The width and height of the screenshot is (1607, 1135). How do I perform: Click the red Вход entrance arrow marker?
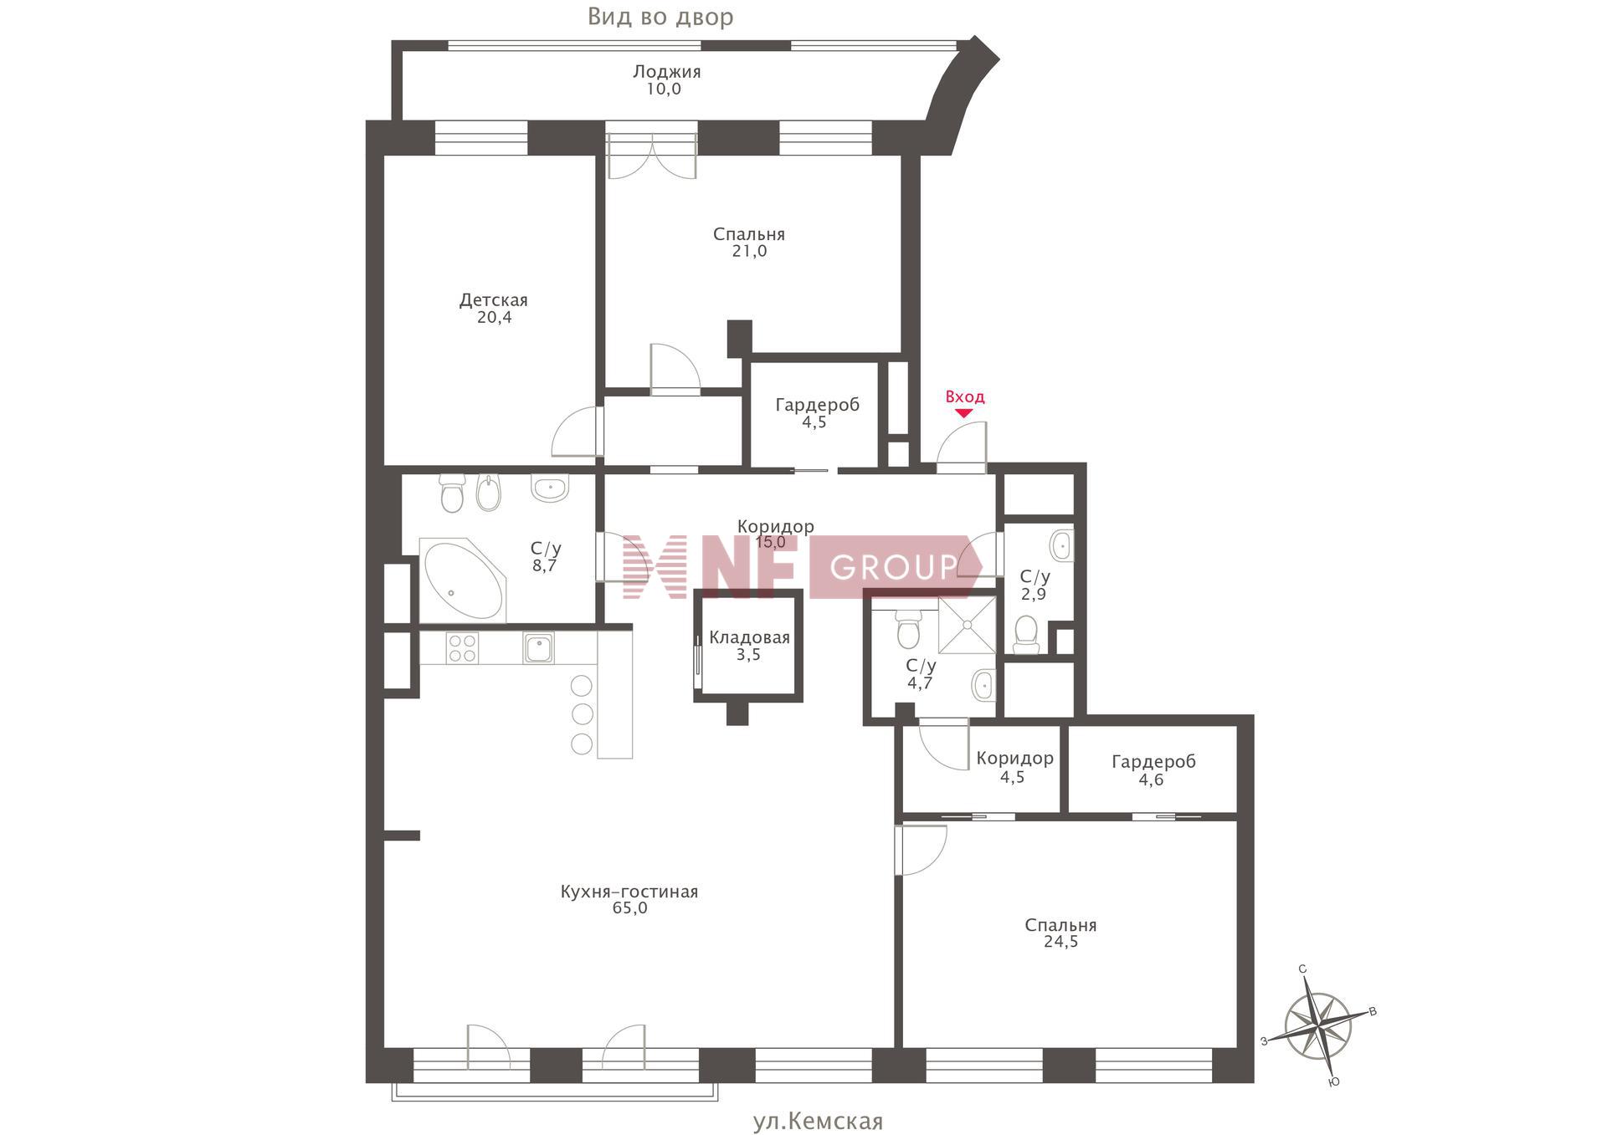click(964, 413)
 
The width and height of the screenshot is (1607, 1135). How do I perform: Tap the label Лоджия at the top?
click(666, 72)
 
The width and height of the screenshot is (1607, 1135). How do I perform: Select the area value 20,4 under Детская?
click(495, 318)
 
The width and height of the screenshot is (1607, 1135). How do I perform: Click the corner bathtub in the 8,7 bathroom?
click(464, 580)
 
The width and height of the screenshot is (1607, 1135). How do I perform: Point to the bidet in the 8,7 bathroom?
click(487, 493)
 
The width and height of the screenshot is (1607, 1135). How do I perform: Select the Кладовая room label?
click(749, 638)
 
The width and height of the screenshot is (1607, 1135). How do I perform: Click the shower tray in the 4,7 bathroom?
click(967, 625)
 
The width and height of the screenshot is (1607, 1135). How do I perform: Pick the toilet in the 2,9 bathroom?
click(1026, 636)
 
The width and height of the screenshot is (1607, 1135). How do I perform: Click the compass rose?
click(1318, 1025)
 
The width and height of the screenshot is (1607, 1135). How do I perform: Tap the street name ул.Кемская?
click(818, 1121)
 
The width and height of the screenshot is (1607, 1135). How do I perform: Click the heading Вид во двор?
click(660, 17)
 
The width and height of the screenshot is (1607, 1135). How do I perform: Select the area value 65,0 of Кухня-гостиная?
click(629, 908)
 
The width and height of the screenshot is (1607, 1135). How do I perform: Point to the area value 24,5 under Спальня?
click(1060, 942)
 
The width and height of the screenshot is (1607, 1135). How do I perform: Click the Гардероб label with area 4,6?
click(1153, 762)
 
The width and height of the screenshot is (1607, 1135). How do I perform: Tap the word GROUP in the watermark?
click(894, 568)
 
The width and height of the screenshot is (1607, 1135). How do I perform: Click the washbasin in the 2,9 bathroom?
click(1061, 546)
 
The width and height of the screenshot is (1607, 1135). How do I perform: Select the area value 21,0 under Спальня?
click(749, 251)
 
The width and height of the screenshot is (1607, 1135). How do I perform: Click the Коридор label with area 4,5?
click(1014, 759)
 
